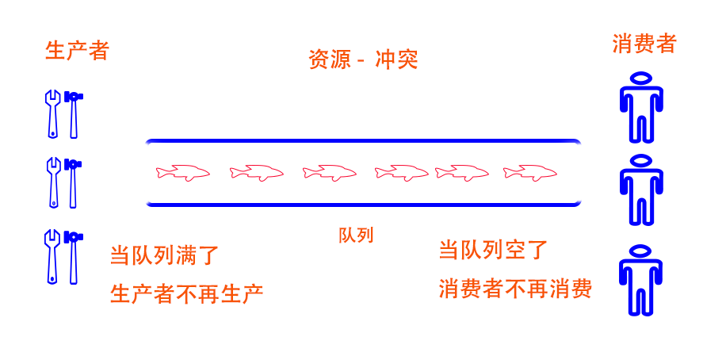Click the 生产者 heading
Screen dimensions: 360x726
click(x=77, y=51)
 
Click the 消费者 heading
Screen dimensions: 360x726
click(x=644, y=44)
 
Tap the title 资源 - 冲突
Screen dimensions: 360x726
click(x=363, y=59)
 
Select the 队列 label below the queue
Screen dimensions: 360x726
click(x=356, y=235)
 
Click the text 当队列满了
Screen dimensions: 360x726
click(x=164, y=255)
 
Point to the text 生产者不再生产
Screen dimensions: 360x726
click(x=186, y=293)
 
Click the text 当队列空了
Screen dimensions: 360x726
click(x=493, y=250)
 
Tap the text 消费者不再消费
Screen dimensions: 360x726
click(x=515, y=289)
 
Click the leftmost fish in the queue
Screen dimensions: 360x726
click(x=183, y=172)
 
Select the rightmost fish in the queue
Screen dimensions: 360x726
click(x=529, y=172)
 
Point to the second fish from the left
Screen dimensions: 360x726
click(x=256, y=172)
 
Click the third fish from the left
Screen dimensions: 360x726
click(x=329, y=172)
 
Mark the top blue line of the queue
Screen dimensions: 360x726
click(x=363, y=141)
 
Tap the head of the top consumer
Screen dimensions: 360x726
click(x=640, y=79)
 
